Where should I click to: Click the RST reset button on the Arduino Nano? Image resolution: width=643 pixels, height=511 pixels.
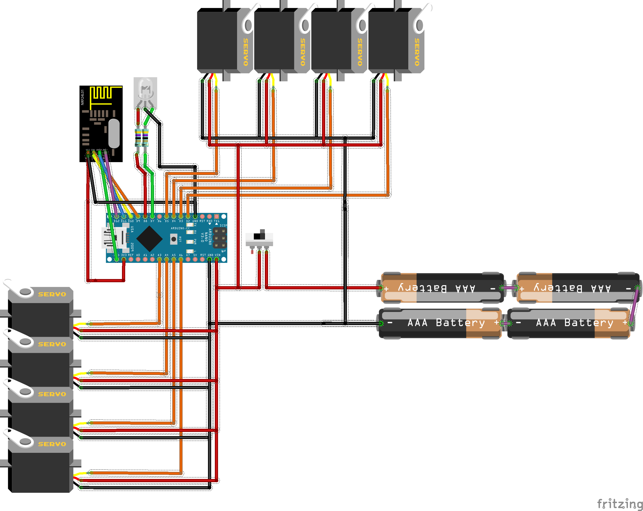click(174, 239)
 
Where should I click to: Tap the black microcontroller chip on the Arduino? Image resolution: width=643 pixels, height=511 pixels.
click(149, 239)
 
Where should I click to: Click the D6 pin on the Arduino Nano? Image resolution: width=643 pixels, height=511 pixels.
click(160, 216)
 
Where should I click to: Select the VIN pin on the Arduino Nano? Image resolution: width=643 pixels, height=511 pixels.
click(217, 259)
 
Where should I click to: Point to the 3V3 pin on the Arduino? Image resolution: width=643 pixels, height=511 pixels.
click(124, 259)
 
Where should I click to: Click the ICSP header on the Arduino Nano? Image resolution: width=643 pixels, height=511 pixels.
click(220, 238)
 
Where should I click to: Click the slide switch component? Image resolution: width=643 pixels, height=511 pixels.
click(259, 238)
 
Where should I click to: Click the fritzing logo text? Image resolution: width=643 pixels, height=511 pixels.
click(620, 504)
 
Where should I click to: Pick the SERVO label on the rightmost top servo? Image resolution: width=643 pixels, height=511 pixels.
click(417, 52)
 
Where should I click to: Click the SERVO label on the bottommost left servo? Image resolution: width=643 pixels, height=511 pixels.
click(52, 444)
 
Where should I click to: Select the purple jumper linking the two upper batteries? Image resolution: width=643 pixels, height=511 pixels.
click(509, 288)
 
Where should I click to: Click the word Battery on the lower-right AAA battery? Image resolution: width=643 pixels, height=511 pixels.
click(589, 323)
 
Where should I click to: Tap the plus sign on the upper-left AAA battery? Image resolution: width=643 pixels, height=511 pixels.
click(387, 289)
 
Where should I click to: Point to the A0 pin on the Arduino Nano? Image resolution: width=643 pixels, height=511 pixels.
click(138, 259)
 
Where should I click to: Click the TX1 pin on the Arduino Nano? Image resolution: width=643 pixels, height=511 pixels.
click(216, 216)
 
